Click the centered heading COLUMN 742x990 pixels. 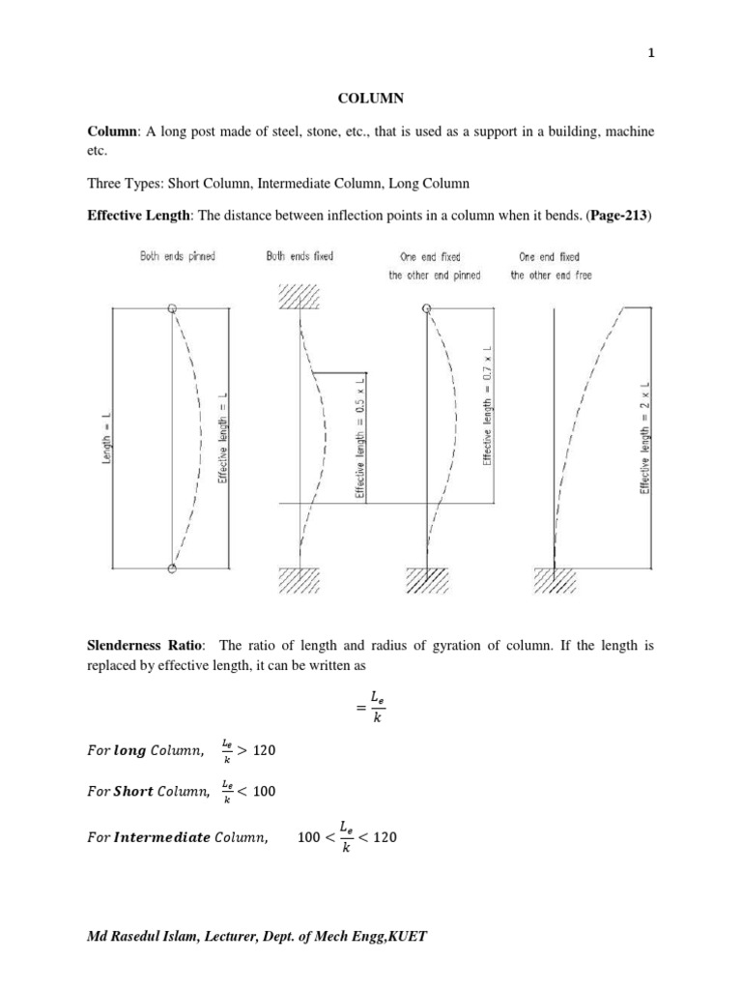coord(371,98)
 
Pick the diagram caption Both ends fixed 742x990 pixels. coord(300,257)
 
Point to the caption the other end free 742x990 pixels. coord(552,276)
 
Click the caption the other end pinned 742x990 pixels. coord(435,276)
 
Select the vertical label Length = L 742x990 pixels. coord(106,437)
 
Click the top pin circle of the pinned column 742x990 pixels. coord(172,308)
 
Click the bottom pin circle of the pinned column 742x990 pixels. coord(172,568)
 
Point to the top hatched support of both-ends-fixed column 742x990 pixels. coord(301,295)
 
